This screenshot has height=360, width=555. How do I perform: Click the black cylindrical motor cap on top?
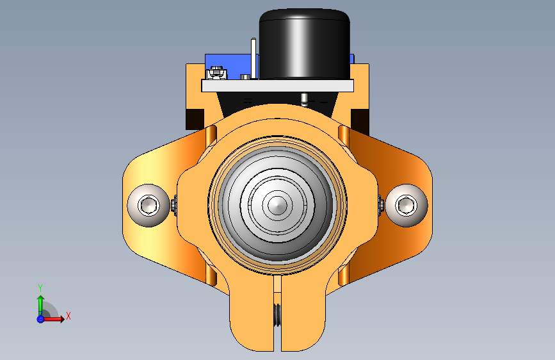click(305, 44)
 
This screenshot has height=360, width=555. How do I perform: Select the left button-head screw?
click(149, 205)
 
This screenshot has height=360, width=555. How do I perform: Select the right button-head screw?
click(406, 205)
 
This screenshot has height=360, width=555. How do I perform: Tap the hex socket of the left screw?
click(148, 205)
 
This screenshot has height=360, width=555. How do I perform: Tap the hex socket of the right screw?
click(406, 205)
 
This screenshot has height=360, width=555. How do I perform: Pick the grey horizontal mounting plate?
click(278, 86)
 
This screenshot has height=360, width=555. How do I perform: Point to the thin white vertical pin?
click(253, 58)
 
